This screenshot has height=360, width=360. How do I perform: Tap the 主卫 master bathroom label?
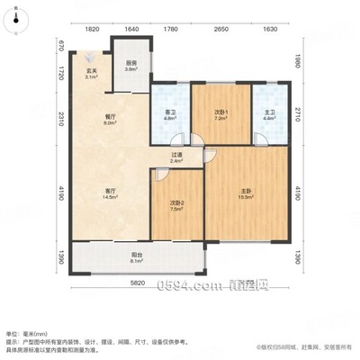click(x=268, y=112)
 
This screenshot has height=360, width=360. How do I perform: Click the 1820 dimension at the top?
click(x=92, y=28)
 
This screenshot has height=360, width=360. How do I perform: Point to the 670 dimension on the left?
click(x=62, y=46)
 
